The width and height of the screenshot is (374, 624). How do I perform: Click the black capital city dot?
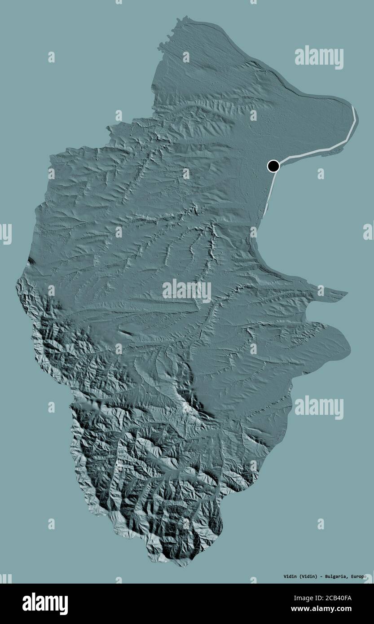(273, 166)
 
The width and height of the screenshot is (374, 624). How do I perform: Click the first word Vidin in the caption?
(290, 576)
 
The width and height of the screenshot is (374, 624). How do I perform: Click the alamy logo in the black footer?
(45, 603)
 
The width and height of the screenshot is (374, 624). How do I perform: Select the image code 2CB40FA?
(334, 598)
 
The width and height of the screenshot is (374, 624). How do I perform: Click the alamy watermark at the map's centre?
(187, 291)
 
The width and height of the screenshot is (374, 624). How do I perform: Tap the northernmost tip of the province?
(184, 17)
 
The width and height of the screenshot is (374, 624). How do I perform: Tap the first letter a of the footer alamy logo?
(26, 604)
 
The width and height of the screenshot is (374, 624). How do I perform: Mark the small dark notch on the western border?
(30, 260)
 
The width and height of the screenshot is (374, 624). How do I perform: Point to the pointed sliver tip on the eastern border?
(347, 294)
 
